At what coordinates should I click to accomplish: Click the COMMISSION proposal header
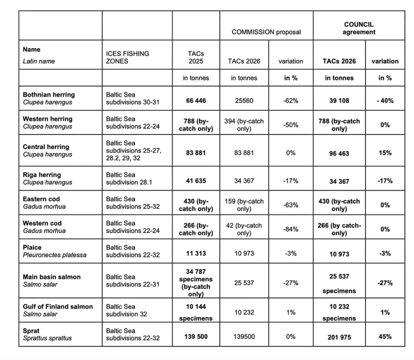(x=266, y=32)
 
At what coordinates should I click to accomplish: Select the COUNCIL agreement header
(x=358, y=28)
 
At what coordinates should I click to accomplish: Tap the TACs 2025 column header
(x=195, y=57)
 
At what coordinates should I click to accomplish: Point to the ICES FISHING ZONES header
(x=127, y=57)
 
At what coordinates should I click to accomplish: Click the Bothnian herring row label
(x=49, y=94)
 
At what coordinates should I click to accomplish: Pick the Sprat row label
(x=31, y=330)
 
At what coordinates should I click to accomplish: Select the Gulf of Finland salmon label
(x=58, y=306)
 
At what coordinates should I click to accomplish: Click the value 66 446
(x=195, y=100)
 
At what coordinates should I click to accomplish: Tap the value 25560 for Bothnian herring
(x=243, y=100)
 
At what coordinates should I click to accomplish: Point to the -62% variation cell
(x=290, y=100)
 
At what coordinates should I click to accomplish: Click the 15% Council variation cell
(x=384, y=153)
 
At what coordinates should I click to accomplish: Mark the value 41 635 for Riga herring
(x=195, y=181)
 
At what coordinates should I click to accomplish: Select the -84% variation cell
(x=290, y=229)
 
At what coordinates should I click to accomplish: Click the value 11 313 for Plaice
(x=195, y=253)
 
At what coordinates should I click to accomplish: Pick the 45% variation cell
(x=384, y=337)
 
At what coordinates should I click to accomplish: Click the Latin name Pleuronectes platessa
(x=54, y=255)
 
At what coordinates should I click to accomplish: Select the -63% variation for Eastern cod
(x=290, y=205)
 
